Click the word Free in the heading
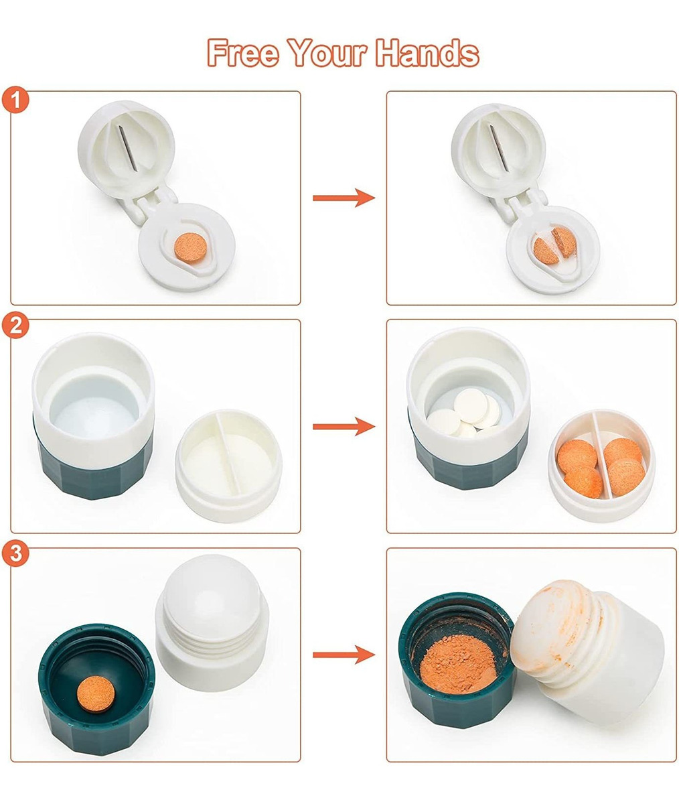coord(242,53)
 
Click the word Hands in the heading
coord(427,53)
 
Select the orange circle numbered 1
coord(15,100)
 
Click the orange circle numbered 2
coord(15,326)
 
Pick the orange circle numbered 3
coord(15,553)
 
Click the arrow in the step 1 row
coord(344,198)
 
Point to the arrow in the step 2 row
coord(344,426)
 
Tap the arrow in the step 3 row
coord(344,655)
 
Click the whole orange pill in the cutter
coord(191,247)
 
